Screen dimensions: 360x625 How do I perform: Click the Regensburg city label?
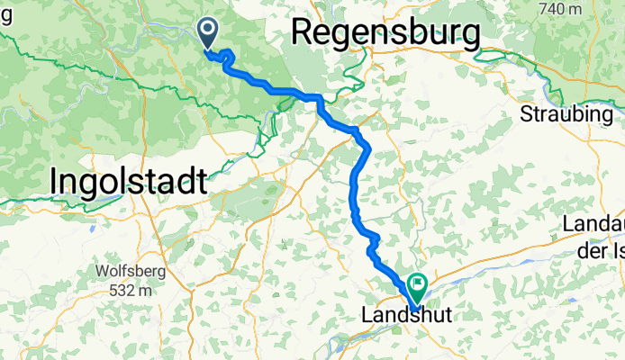click(385, 34)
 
